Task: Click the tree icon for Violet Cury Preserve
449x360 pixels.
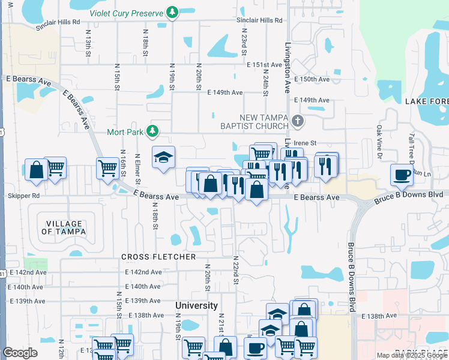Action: [173, 12]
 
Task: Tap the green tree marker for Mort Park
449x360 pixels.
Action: [153, 131]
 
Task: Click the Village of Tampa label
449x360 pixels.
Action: [64, 227]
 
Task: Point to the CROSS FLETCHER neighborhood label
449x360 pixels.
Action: [158, 257]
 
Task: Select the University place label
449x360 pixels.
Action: [196, 305]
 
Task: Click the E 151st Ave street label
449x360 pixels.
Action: [264, 65]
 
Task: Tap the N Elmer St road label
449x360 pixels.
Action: [137, 169]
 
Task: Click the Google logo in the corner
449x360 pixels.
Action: [20, 353]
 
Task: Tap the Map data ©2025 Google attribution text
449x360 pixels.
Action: [411, 355]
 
